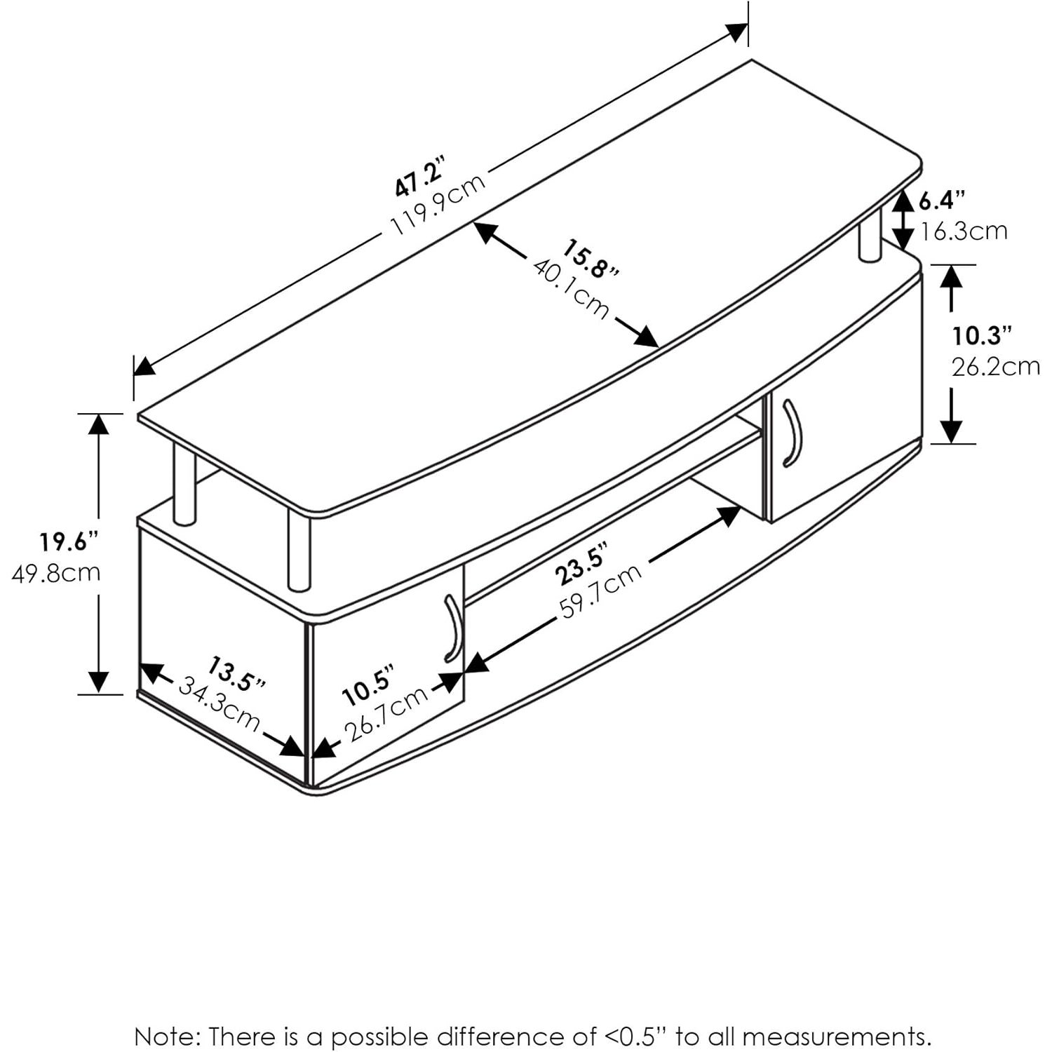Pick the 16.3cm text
(x=964, y=231)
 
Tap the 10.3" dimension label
(x=982, y=336)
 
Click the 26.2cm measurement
(x=995, y=366)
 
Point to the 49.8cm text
(x=57, y=572)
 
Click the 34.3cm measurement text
(x=219, y=703)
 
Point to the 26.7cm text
(x=387, y=714)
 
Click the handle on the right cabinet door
(x=793, y=433)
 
